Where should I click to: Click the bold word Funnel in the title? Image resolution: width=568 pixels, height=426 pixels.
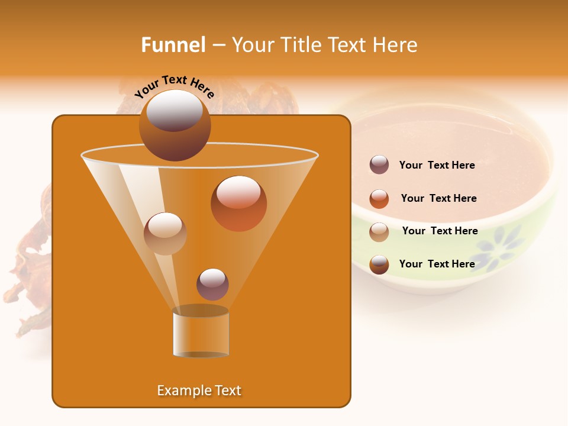coord(173,45)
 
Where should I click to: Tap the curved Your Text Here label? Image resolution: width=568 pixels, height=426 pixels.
coord(175,86)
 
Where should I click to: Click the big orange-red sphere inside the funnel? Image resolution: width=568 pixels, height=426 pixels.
coord(238,204)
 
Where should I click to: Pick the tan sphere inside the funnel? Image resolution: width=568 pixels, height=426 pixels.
coord(165,234)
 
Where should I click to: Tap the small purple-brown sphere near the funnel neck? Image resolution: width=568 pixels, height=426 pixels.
coord(212,285)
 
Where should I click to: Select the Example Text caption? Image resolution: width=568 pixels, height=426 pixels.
coord(199,390)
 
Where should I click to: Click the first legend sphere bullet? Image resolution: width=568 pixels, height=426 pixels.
coord(379,165)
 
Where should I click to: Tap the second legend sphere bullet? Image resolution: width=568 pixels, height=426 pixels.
coord(379,199)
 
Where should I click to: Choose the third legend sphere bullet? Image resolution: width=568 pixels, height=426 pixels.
coord(379,232)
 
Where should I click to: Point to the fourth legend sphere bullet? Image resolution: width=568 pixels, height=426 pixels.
coord(379,264)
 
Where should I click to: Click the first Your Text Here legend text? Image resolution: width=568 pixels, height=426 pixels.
coord(437,166)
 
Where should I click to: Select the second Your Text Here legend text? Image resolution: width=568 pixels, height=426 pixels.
coord(438,199)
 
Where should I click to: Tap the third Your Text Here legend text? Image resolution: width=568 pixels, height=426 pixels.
coord(440,231)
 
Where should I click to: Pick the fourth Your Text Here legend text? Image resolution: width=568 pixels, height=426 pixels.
coord(437,264)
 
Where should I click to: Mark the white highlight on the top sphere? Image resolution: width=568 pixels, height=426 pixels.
coord(175,111)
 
